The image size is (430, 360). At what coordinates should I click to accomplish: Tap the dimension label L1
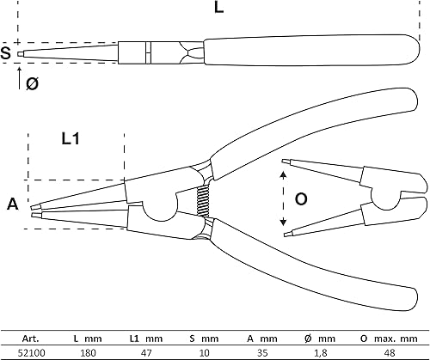point(71,139)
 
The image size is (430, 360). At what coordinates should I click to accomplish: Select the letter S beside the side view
point(5,53)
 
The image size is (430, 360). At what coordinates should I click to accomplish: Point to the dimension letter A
point(13,204)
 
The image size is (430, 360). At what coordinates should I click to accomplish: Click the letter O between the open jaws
point(301,199)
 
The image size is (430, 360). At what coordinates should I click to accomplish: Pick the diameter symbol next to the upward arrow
point(32,84)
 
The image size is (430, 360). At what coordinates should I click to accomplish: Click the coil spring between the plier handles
point(203,199)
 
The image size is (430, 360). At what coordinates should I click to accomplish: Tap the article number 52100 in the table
point(31,352)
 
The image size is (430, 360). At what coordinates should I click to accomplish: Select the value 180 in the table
point(88,352)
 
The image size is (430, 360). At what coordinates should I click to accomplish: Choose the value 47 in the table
point(146,352)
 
